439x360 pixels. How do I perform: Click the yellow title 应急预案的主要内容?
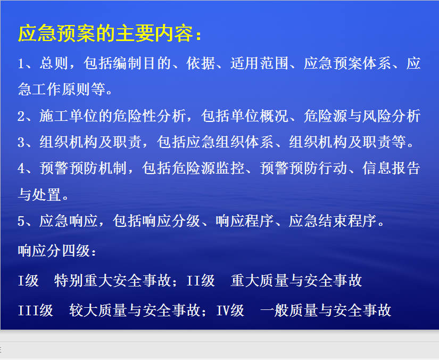(106, 33)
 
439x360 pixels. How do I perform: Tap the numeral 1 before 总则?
(21, 63)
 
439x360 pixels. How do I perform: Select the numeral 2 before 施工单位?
(21, 116)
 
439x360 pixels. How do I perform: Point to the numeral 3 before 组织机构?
(21, 142)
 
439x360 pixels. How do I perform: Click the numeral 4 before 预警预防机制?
(21, 168)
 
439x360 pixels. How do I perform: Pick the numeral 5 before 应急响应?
(21, 221)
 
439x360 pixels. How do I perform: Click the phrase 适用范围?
(259, 63)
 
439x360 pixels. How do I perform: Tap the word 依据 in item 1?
(201, 63)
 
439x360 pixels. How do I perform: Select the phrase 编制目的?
(142, 63)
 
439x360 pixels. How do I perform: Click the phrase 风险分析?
(391, 116)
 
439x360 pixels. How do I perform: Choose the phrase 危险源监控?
(208, 168)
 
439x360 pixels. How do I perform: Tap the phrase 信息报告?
(391, 168)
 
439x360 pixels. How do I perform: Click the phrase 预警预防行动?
(303, 168)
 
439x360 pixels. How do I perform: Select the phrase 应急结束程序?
(333, 221)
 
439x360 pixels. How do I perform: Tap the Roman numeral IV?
(223, 310)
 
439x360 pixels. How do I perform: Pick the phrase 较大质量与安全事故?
(135, 310)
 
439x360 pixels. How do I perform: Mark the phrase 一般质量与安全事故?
(326, 310)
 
